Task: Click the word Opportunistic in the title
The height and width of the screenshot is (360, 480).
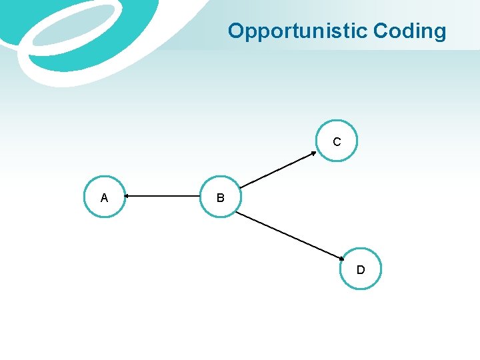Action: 298,31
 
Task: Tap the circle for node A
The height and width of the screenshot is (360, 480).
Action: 105,197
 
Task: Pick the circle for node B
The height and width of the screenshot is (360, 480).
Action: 220,197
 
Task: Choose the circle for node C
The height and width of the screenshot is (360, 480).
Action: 337,141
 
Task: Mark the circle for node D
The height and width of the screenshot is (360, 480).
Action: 361,269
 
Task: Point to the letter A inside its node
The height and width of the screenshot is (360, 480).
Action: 104,197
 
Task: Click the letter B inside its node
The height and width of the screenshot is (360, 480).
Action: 220,198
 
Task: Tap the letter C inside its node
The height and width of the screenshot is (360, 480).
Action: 337,142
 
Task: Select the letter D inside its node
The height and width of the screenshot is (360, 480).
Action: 361,270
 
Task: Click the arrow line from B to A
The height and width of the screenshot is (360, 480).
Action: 163,197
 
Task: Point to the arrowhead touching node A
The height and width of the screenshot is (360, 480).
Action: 128,197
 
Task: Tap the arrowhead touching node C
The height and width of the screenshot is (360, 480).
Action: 313,153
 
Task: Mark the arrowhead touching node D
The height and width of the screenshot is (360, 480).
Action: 339,257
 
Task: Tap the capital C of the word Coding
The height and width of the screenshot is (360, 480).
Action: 381,31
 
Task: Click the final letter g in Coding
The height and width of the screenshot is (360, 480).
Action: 439,33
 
